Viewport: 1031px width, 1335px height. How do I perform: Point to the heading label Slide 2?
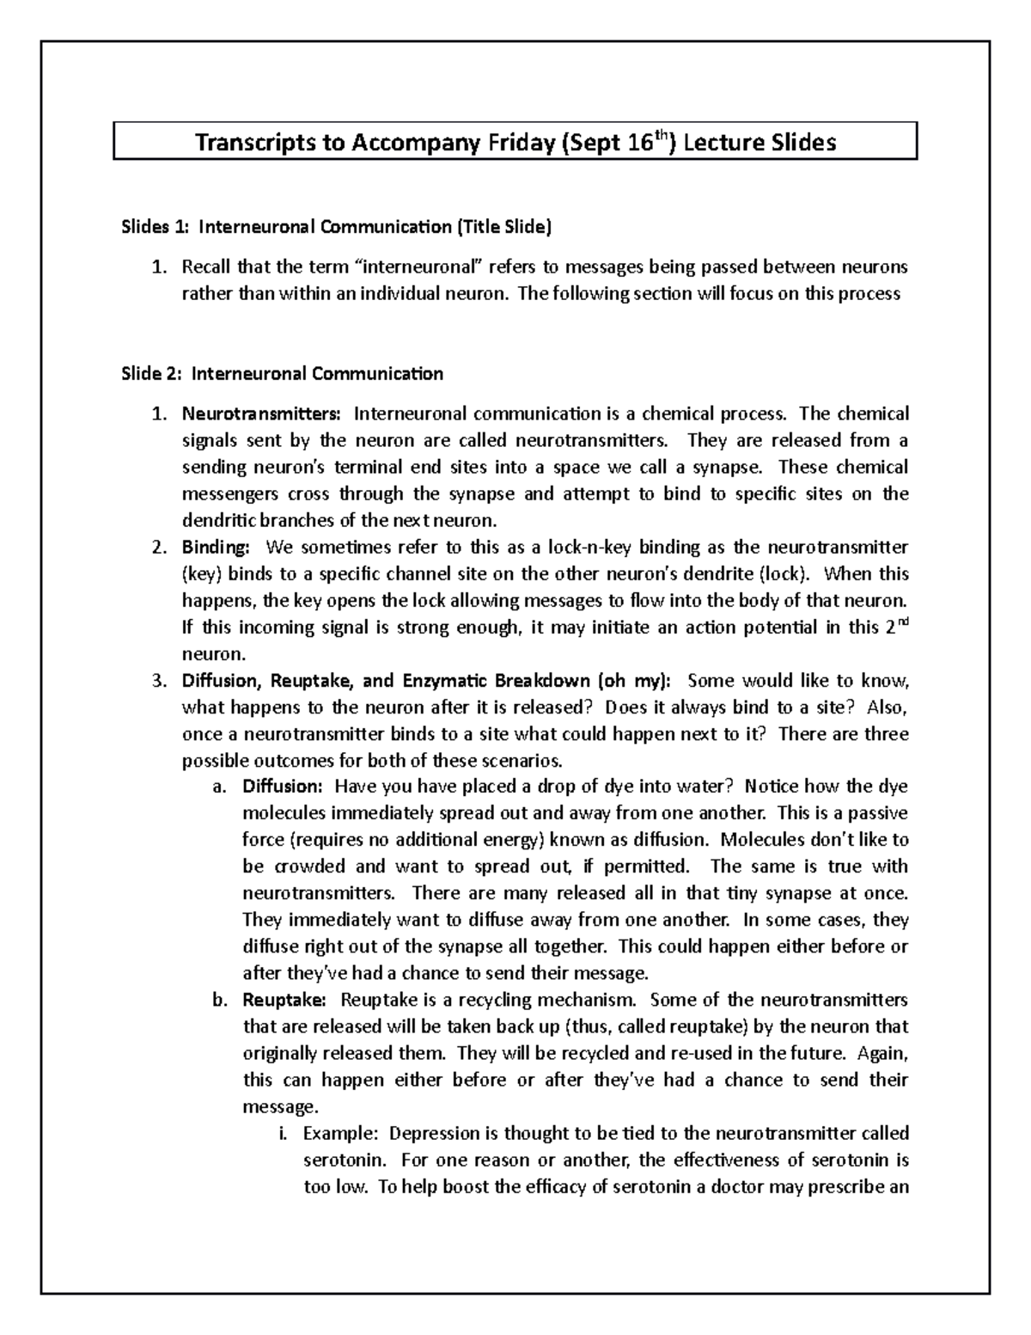[151, 374]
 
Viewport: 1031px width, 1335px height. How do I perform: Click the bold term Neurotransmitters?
[260, 414]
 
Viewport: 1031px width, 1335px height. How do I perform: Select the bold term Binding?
[216, 548]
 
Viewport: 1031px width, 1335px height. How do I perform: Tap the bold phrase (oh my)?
[633, 681]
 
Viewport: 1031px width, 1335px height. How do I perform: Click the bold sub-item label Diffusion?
[282, 787]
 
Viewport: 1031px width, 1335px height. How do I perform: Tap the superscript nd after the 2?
[901, 621]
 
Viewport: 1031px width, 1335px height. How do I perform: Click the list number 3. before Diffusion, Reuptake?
[158, 681]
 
